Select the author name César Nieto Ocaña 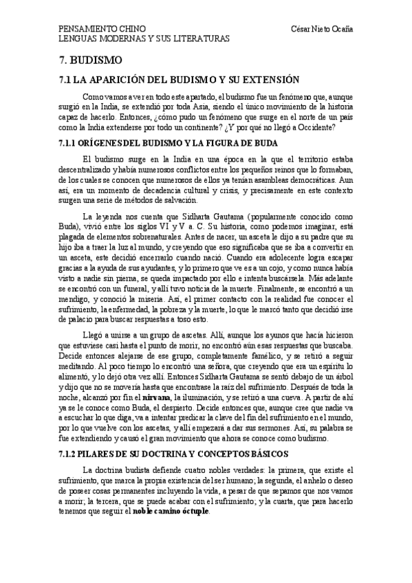[322, 29]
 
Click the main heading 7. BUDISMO [88, 60]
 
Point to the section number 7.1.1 [72, 143]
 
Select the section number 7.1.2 [72, 435]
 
